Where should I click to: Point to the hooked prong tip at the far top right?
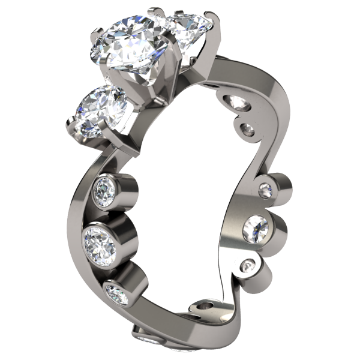tap(210, 15)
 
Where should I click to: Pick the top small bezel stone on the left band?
tap(106, 191)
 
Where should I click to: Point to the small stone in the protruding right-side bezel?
tap(265, 191)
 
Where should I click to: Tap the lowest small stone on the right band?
tap(247, 266)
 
